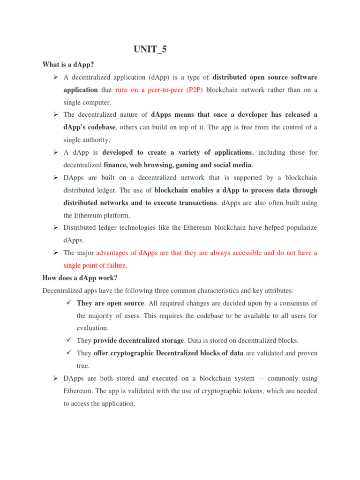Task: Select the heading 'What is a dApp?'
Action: pyautogui.click(x=65, y=64)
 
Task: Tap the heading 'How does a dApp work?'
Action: pyautogui.click(x=80, y=278)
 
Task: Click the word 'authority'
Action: pyautogui.click(x=96, y=140)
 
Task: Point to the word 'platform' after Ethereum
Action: pyautogui.click(x=117, y=215)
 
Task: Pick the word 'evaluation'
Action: pyautogui.click(x=92, y=328)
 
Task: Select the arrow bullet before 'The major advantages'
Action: pyautogui.click(x=55, y=253)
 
